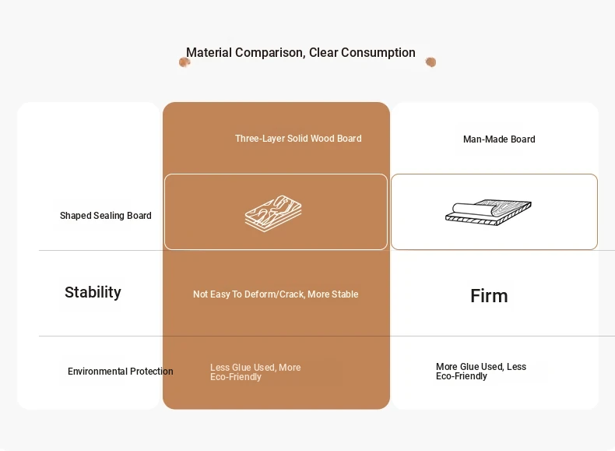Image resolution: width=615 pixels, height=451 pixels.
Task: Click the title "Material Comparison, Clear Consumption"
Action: [x=300, y=53]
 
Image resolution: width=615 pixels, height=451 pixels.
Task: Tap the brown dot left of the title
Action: [x=184, y=62]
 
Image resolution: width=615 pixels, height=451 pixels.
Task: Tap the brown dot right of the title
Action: [x=430, y=62]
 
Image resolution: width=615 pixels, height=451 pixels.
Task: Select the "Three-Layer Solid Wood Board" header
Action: [x=298, y=139]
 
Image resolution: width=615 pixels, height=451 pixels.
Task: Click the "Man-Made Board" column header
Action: [x=499, y=139]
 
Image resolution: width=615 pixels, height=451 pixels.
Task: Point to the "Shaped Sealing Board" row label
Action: [x=106, y=216]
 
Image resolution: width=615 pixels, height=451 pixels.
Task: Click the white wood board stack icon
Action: [x=273, y=213]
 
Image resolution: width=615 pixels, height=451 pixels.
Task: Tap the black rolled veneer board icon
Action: [x=488, y=213]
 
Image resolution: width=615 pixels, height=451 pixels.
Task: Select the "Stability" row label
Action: [x=93, y=292]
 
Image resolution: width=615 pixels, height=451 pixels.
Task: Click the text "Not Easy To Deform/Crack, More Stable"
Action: [x=276, y=294]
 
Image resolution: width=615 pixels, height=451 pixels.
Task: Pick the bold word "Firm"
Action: [x=489, y=296]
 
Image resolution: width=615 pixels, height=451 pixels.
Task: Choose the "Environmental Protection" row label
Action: [x=121, y=372]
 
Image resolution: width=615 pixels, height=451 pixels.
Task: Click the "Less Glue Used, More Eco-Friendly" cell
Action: [x=255, y=372]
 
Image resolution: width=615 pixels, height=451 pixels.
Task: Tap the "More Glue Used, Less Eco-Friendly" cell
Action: [x=481, y=372]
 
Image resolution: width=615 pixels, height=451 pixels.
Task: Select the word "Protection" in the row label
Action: [x=151, y=372]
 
